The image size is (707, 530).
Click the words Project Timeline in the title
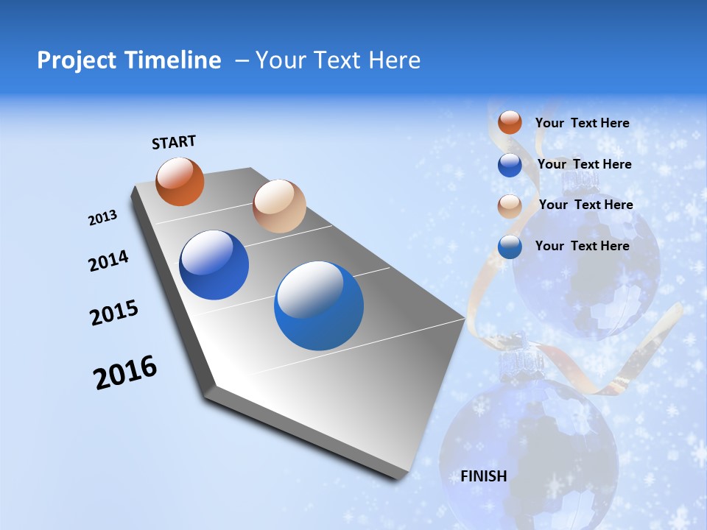[x=129, y=60]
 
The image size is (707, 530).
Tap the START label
[x=174, y=142]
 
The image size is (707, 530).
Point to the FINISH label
[x=484, y=476]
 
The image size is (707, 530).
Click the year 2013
[x=103, y=218]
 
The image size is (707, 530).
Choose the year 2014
[x=109, y=261]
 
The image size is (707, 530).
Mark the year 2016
[x=125, y=372]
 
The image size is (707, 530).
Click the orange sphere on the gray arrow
[x=180, y=181]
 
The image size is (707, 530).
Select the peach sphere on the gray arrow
[x=279, y=206]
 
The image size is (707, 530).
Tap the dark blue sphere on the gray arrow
[x=214, y=265]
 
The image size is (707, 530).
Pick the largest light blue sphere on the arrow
[x=319, y=305]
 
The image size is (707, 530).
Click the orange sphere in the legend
[x=510, y=123]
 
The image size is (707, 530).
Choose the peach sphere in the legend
[x=510, y=206]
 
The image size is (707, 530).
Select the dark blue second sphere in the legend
[x=510, y=165]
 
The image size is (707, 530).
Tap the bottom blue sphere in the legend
[x=510, y=247]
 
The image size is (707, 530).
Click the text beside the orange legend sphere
[x=582, y=124]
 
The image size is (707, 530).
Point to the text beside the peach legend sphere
[x=585, y=205]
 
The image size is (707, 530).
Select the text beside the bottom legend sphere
[x=582, y=246]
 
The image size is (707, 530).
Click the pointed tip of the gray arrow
[x=464, y=319]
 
